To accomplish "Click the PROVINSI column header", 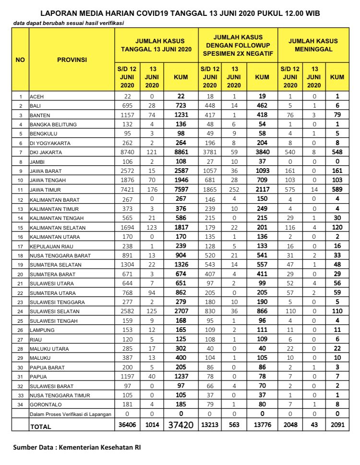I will pyautogui.click(x=72, y=60).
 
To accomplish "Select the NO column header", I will pyautogui.click(x=21, y=60).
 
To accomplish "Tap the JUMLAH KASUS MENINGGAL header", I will pyautogui.click(x=313, y=46).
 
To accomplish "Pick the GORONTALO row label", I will pyautogui.click(x=45, y=404).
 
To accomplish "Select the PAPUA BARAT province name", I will pyautogui.click(x=46, y=367).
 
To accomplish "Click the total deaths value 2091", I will pyautogui.click(x=337, y=425).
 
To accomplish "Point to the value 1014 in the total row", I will pyautogui.click(x=152, y=425).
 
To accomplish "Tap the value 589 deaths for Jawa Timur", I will pyautogui.click(x=337, y=190).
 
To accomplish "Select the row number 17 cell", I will pyautogui.click(x=21, y=245).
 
